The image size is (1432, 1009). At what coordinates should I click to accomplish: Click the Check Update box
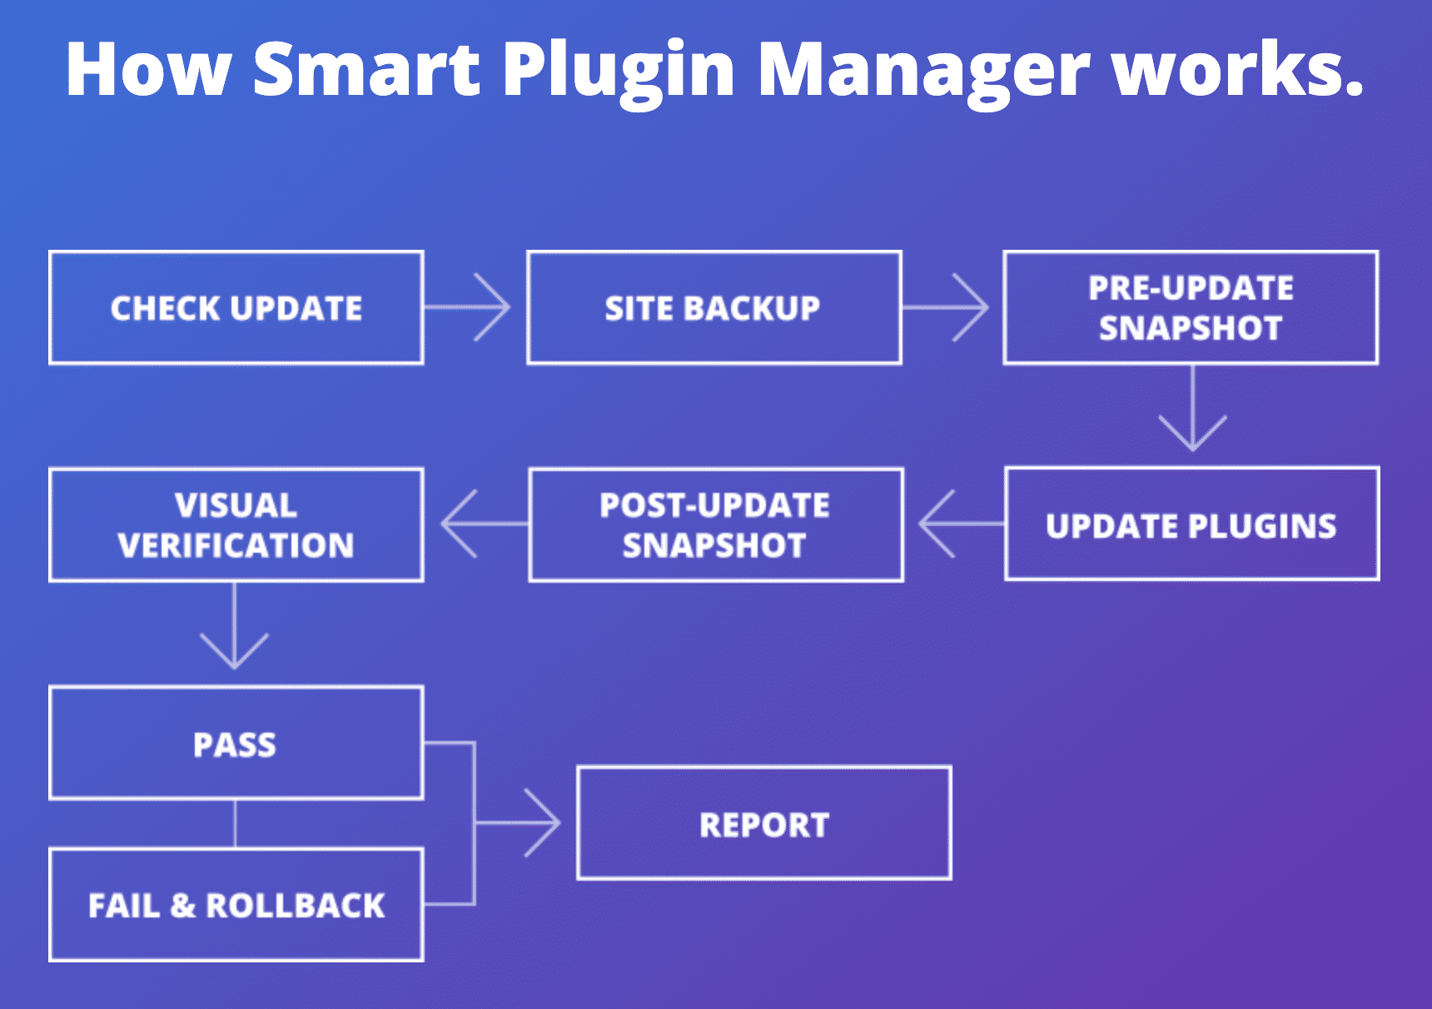tap(236, 308)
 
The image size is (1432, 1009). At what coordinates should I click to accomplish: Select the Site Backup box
tap(714, 308)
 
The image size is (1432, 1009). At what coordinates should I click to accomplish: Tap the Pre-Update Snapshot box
tap(1191, 308)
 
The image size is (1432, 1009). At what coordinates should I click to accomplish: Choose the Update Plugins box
tap(1191, 524)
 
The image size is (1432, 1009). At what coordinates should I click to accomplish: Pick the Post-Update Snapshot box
tap(715, 525)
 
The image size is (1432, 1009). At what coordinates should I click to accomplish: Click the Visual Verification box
tap(236, 525)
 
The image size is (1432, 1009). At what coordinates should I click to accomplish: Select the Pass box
tap(236, 743)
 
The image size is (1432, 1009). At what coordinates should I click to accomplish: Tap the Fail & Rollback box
tap(236, 905)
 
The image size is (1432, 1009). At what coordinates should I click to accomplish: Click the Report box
tap(764, 823)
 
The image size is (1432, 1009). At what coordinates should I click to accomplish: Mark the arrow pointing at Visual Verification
tap(480, 524)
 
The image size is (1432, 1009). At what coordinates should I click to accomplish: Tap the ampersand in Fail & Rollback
tap(183, 906)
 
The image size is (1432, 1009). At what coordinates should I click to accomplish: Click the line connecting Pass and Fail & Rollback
tap(236, 824)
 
